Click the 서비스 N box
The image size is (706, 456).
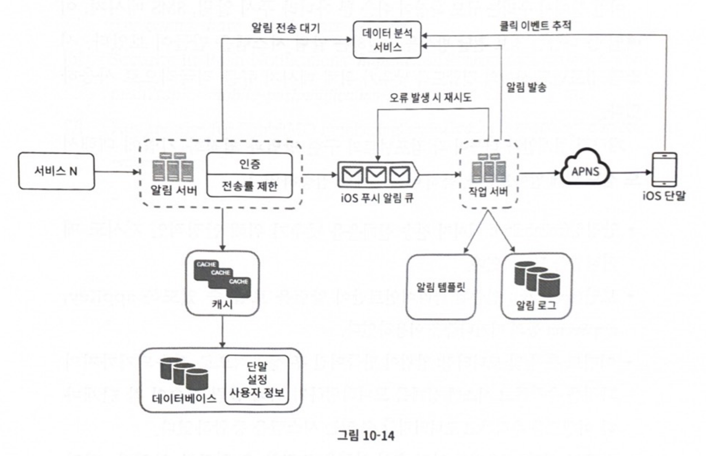pyautogui.click(x=56, y=171)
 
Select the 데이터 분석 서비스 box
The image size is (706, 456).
pyautogui.click(x=387, y=40)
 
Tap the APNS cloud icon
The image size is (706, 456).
pyautogui.click(x=585, y=169)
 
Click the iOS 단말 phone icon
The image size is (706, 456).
pyautogui.click(x=664, y=169)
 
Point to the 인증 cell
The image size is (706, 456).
pyautogui.click(x=249, y=164)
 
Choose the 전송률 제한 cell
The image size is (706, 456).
pyautogui.click(x=249, y=186)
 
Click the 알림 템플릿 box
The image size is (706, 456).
pyautogui.click(x=441, y=287)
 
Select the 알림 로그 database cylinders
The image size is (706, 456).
pyautogui.click(x=537, y=279)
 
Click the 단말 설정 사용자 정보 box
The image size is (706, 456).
pyautogui.click(x=257, y=379)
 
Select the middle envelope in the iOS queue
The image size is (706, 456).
pyautogui.click(x=376, y=174)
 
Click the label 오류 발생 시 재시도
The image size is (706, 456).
pyautogui.click(x=430, y=98)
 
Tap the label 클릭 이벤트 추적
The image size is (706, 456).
pyautogui.click(x=536, y=26)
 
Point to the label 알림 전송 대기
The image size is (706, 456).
pyautogui.click(x=286, y=28)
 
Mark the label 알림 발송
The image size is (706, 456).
pyautogui.click(x=526, y=87)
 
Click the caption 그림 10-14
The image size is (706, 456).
pyautogui.click(x=366, y=435)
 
